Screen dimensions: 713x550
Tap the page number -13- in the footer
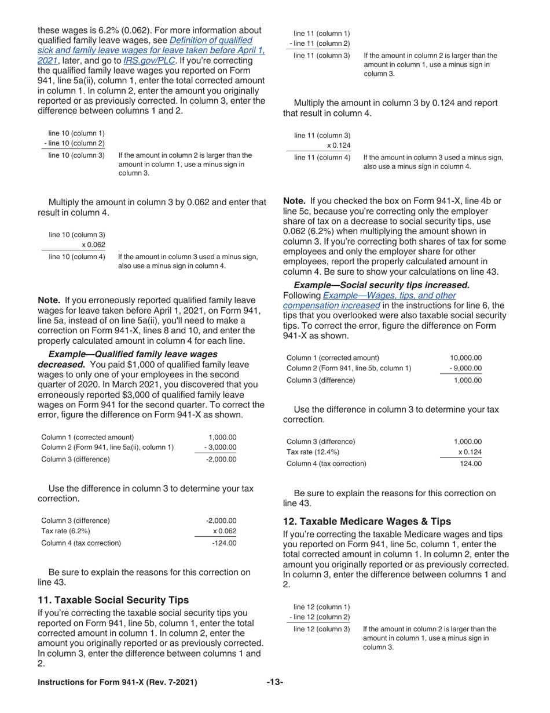pos(274,682)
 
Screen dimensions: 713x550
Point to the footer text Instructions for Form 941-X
pos(117,682)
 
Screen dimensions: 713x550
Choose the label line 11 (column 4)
pos(322,157)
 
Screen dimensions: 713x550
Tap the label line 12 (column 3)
pos(322,628)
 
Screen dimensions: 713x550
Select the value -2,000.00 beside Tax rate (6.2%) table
pos(221,520)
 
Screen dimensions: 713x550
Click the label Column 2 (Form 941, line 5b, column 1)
pos(349,368)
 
